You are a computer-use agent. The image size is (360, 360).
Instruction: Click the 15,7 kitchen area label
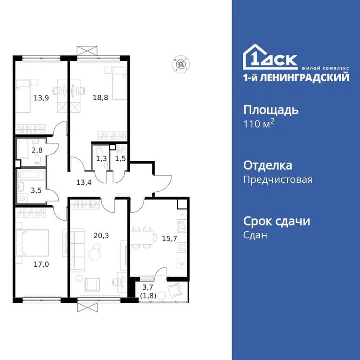click(170, 239)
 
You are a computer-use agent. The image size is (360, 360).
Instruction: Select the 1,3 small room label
click(101, 159)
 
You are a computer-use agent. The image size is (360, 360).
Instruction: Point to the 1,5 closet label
click(121, 159)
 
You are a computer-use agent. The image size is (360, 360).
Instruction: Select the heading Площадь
click(270, 111)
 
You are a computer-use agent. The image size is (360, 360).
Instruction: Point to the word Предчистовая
click(278, 180)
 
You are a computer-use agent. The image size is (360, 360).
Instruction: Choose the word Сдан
click(255, 235)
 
